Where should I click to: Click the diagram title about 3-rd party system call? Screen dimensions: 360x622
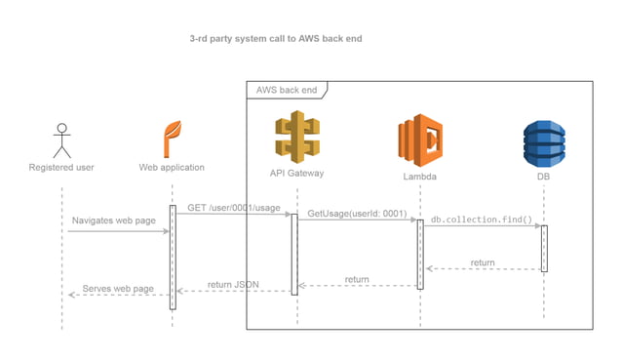coord(277,40)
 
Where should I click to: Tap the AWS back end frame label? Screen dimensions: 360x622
coord(286,90)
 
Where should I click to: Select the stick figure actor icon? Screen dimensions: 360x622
coord(62,140)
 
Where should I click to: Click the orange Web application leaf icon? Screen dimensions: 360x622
coord(172,139)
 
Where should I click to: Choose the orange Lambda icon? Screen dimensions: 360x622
coord(420,141)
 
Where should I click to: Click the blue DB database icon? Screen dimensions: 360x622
coord(544,143)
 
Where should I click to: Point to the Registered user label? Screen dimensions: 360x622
coord(62,168)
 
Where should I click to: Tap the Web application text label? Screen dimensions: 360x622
coord(172,168)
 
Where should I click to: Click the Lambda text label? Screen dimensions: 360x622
coord(420,179)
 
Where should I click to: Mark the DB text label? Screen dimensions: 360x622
coord(544,179)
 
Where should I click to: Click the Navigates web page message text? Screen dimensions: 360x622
coord(113,221)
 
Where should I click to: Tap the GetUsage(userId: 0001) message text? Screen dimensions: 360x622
coord(357,213)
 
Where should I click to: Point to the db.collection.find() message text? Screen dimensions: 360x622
coord(482,220)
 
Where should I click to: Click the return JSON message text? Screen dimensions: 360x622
coord(233,284)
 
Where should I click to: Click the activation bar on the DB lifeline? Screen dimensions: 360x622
coord(544,248)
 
